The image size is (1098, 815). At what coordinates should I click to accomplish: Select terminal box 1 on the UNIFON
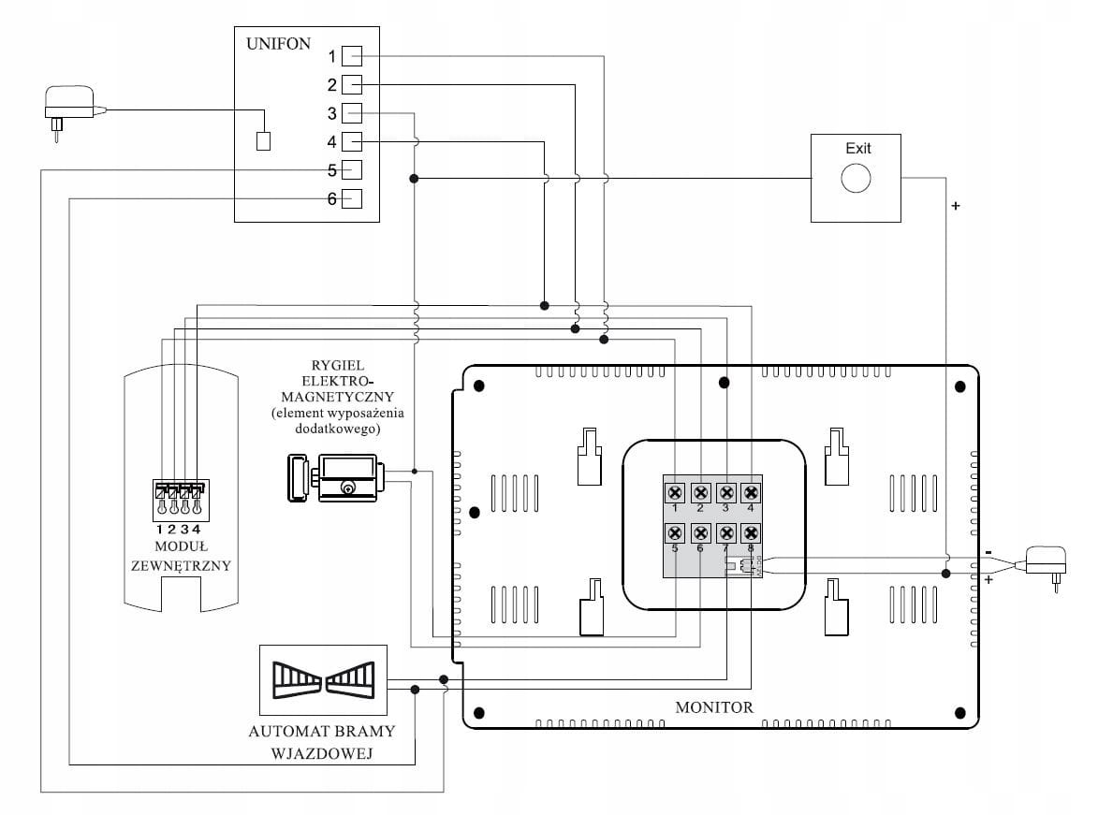(351, 56)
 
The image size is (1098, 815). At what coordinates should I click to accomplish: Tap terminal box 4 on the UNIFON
(351, 141)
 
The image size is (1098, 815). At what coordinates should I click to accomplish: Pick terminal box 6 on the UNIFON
(351, 198)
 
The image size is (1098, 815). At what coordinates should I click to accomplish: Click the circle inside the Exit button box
(856, 178)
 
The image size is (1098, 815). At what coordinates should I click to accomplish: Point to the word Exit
(857, 148)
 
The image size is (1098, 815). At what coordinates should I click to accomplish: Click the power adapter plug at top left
(70, 106)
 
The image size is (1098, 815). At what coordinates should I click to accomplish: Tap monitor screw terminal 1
(675, 492)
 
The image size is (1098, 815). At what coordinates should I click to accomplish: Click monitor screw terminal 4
(750, 492)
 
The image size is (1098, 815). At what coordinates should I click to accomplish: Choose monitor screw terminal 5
(675, 532)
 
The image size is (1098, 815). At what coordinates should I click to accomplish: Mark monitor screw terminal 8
(750, 532)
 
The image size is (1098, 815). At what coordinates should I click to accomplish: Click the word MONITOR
(713, 707)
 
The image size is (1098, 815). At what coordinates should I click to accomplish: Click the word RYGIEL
(338, 365)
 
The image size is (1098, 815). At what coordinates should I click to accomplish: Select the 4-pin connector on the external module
(180, 496)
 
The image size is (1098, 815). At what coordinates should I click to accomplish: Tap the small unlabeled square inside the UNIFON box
(264, 141)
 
